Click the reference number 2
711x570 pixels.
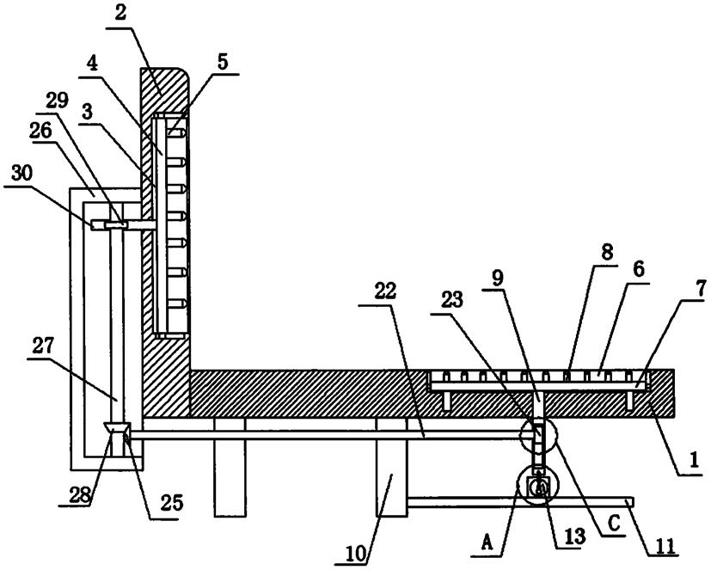120,15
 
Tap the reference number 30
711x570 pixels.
21,174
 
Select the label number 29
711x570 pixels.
56,101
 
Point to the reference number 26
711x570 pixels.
41,131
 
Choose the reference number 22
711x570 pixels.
385,291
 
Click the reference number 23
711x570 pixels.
451,300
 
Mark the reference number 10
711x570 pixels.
358,554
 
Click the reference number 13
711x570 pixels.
574,536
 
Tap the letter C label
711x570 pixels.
613,524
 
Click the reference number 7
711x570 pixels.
702,289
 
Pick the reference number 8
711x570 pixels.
607,252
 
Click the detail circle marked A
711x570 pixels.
518,486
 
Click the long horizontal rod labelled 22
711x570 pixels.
325,435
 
